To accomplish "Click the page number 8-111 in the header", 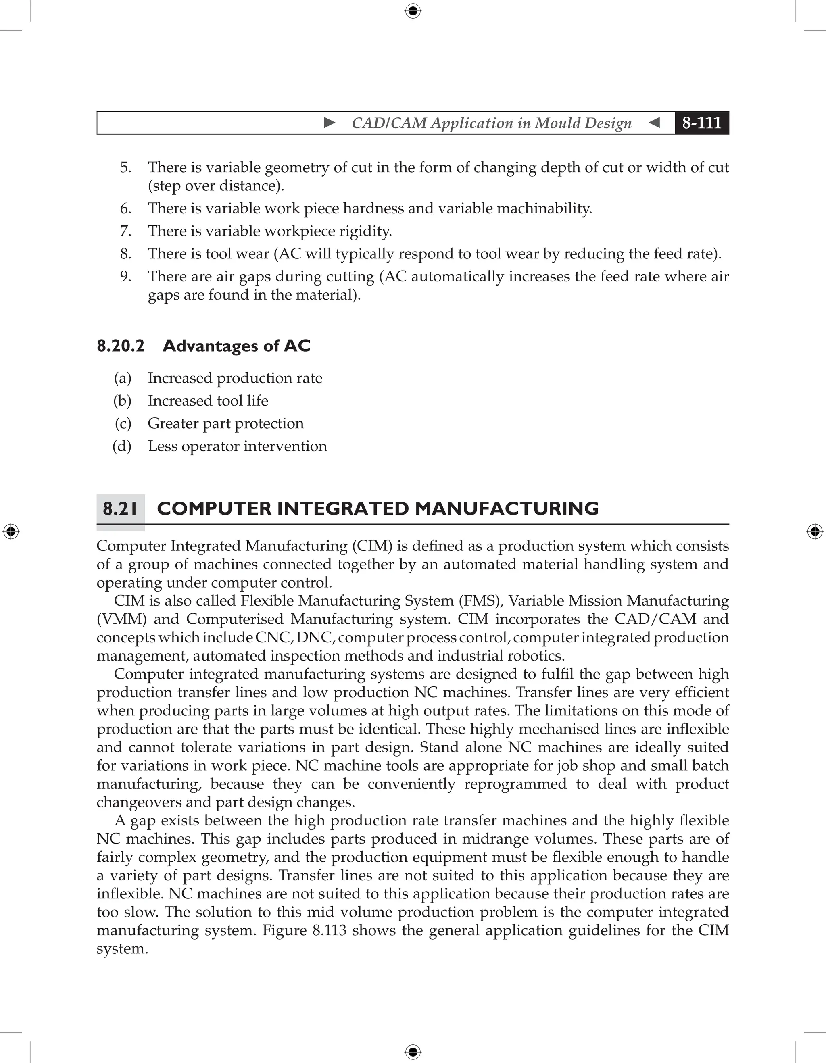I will click(701, 123).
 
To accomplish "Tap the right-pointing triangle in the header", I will click(330, 123).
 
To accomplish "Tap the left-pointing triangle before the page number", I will click(654, 123).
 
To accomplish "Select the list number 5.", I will click(125, 167).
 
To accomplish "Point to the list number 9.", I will click(125, 277).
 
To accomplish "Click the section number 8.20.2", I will click(121, 346).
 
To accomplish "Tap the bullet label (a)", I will click(123, 378).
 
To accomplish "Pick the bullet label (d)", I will click(122, 446).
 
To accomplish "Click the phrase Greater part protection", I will click(225, 423).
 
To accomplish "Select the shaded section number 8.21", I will click(120, 509).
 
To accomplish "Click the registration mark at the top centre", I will click(413, 11).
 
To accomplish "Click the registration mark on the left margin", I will click(11, 531).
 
